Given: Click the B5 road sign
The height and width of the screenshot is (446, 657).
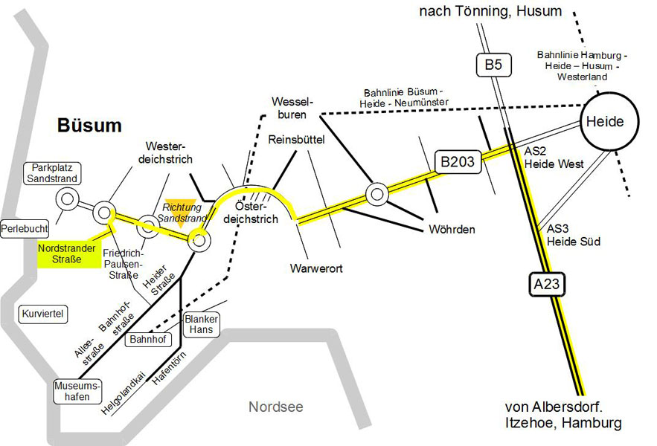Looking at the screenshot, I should pyautogui.click(x=493, y=65).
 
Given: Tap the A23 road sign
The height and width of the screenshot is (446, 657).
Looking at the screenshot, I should pyautogui.click(x=545, y=282).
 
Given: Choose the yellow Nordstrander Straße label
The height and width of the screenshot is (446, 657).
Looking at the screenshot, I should pyautogui.click(x=66, y=253).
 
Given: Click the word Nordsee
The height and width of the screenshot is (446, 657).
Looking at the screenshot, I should pyautogui.click(x=276, y=407).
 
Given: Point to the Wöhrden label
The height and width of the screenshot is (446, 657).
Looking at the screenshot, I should pyautogui.click(x=452, y=229).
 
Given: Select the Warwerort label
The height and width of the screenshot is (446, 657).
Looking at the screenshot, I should pyautogui.click(x=317, y=268).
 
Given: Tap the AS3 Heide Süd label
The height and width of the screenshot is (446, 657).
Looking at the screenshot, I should pyautogui.click(x=573, y=236).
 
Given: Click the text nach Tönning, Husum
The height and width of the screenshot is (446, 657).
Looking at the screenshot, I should pyautogui.click(x=491, y=10).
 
